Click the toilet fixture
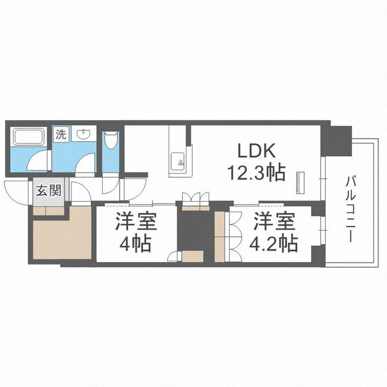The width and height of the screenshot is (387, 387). pos(111,140)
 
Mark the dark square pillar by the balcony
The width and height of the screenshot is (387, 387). pos(336,141)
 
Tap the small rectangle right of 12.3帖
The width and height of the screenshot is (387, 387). pos(300,182)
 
